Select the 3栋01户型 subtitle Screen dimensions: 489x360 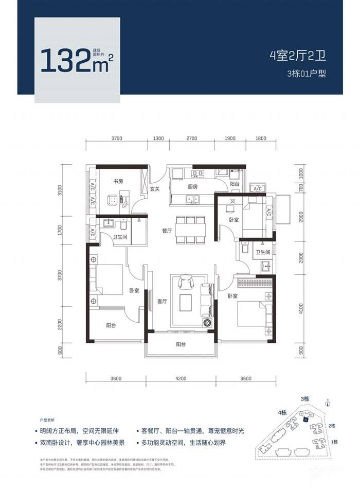point(307,74)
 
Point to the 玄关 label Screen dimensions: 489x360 point(155,189)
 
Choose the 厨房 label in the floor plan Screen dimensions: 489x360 point(193,187)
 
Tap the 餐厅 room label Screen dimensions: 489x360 point(166,231)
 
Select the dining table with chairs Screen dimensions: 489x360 point(189,230)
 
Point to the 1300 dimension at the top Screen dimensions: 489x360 point(158,138)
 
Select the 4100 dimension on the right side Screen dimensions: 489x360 point(301,310)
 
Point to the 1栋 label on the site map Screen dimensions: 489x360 point(334,442)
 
